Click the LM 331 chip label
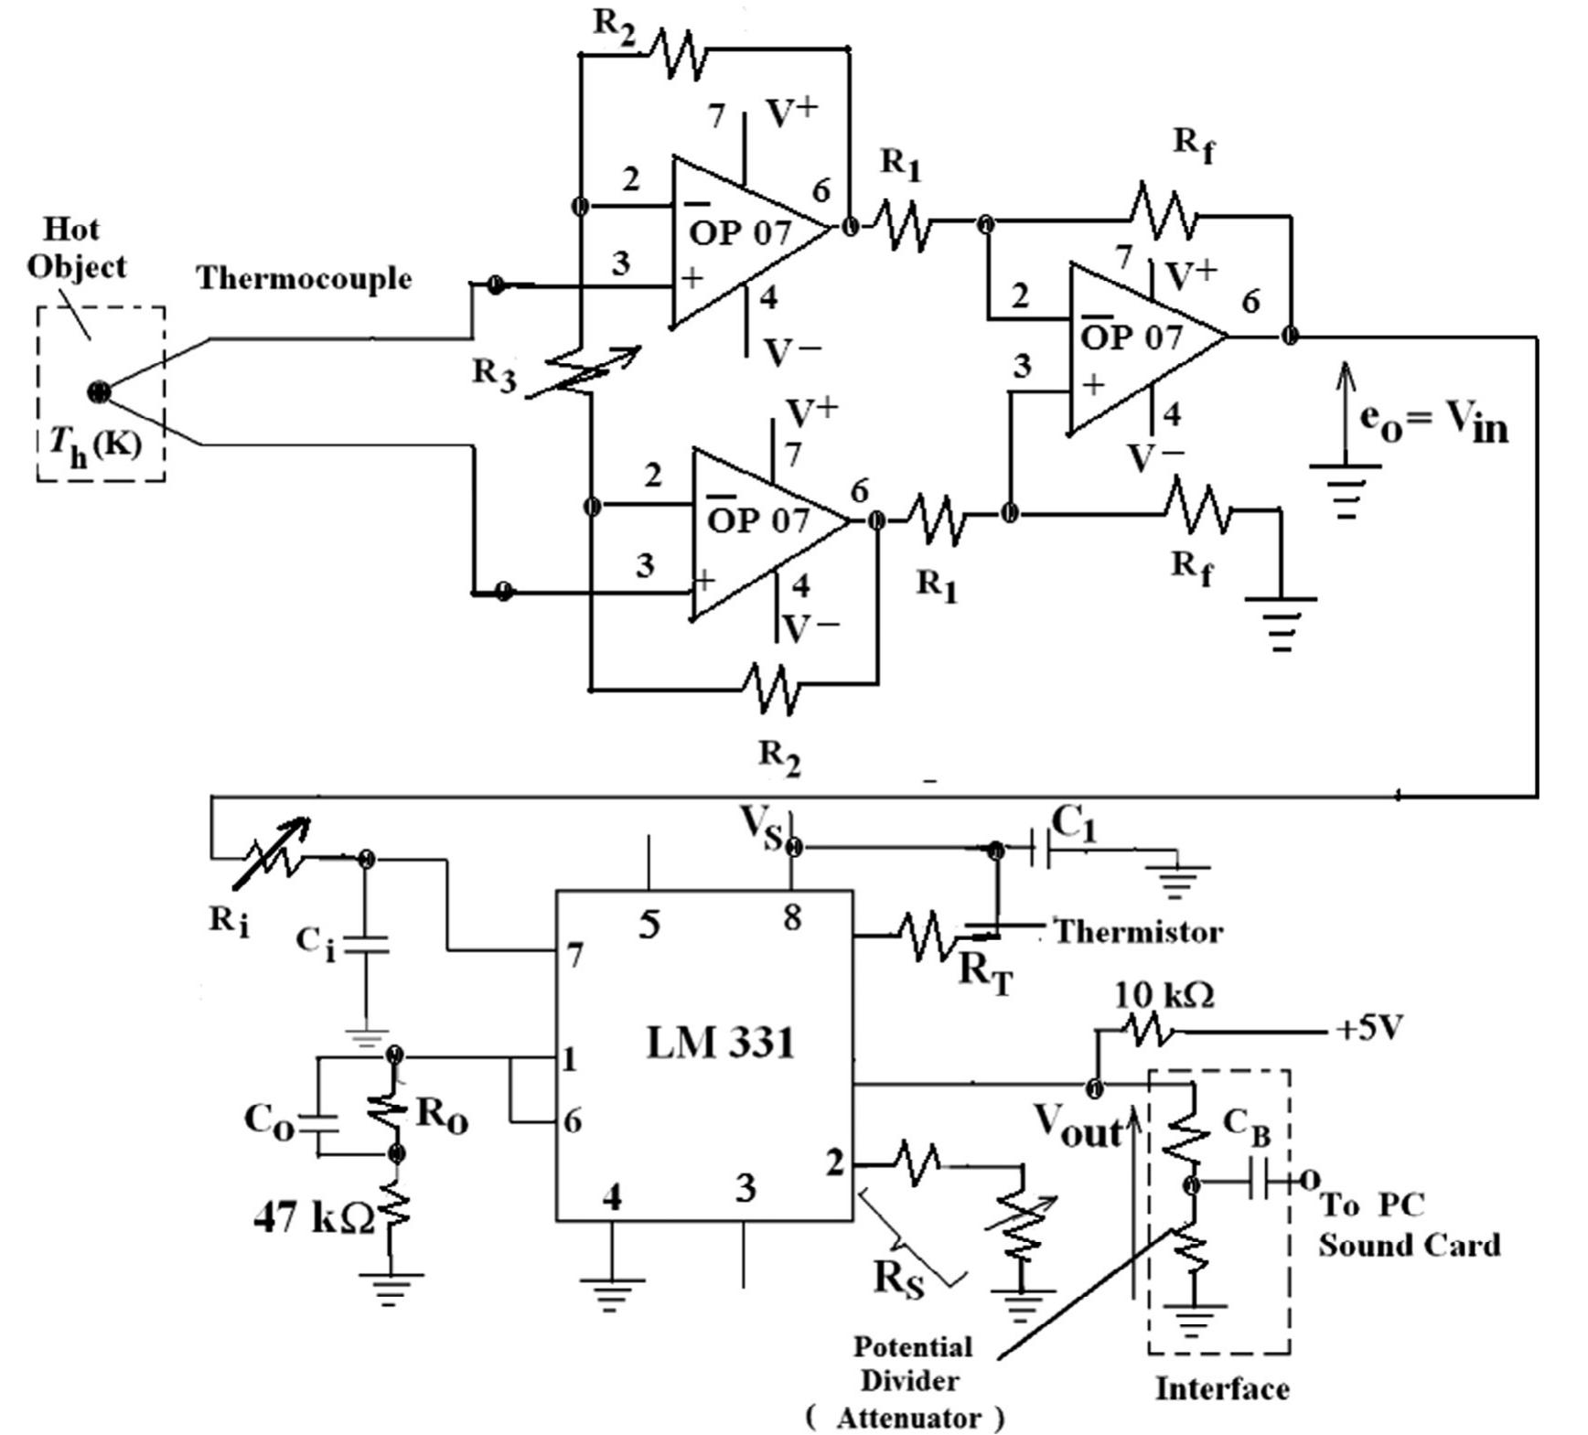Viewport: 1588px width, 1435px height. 720,1042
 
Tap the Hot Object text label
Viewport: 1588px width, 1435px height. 75,247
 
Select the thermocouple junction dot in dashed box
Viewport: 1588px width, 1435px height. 99,392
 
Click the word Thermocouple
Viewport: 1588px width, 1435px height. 304,278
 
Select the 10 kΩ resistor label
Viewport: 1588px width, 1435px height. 1164,995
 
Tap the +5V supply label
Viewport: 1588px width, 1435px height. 1368,1030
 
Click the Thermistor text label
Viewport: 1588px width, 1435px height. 1138,932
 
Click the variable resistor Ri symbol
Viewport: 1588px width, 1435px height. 273,853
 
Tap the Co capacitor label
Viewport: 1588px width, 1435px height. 269,1122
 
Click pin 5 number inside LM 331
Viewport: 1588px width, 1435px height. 649,924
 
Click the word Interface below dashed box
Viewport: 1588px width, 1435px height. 1222,1388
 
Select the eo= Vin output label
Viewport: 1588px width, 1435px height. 1432,422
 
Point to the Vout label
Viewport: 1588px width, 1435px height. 1078,1127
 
